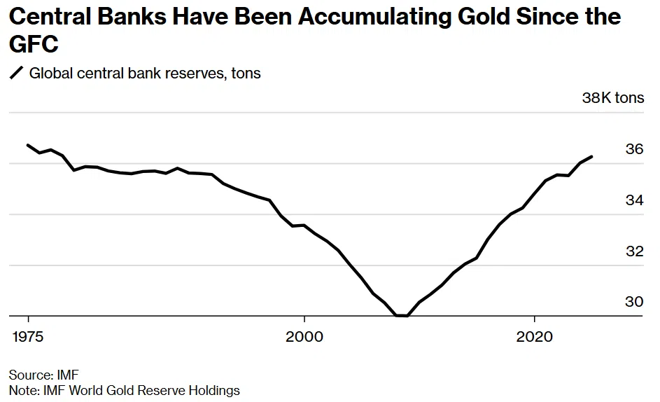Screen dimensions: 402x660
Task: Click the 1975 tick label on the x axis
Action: [x=28, y=337]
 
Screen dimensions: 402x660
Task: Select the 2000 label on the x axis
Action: [x=304, y=337]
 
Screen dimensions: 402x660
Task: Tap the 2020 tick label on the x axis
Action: [x=534, y=337]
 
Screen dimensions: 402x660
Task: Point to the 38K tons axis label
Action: [x=612, y=98]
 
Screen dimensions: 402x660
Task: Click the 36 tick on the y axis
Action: [x=634, y=149]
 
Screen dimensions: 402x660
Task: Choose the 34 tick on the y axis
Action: [x=634, y=200]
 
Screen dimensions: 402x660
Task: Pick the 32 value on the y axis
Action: [x=634, y=251]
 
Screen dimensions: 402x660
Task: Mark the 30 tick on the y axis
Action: [x=634, y=302]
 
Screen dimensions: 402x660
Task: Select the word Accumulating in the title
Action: [x=360, y=16]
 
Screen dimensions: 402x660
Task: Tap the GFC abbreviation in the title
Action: [x=33, y=45]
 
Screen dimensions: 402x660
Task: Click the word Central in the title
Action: [x=53, y=16]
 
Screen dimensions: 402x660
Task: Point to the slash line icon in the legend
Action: [x=16, y=73]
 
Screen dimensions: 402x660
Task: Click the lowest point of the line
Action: [x=402, y=316]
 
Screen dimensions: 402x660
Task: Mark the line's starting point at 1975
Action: [x=28, y=145]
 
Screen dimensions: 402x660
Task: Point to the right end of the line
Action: [x=592, y=157]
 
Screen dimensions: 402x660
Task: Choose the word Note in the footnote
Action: [x=22, y=390]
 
